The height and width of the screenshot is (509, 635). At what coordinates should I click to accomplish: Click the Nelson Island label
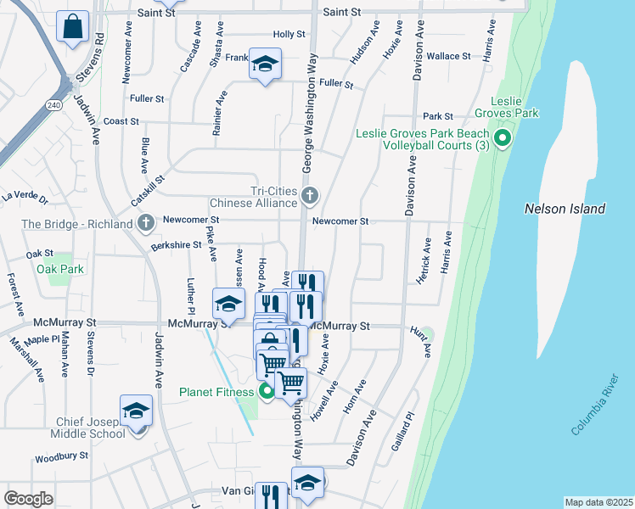(x=565, y=209)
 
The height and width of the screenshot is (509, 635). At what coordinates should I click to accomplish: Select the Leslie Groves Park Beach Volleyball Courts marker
(x=502, y=138)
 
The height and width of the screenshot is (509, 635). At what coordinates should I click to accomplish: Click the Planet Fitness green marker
(x=266, y=391)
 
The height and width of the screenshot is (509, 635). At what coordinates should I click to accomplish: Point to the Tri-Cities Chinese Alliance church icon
(x=310, y=198)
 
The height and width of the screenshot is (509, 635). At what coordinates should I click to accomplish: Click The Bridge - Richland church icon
(x=146, y=224)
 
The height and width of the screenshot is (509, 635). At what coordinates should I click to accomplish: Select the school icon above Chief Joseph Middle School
(x=136, y=411)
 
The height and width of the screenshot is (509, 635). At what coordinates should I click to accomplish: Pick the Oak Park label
(x=60, y=269)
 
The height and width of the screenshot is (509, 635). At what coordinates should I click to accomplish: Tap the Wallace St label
(x=448, y=56)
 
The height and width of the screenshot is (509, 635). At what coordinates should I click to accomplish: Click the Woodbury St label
(x=61, y=457)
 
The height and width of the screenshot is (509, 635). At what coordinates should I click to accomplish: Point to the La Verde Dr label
(x=25, y=197)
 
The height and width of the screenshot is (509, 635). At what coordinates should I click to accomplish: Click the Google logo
(x=29, y=499)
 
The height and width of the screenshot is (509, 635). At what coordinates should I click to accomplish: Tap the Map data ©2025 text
(x=598, y=502)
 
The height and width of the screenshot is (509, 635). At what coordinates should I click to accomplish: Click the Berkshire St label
(x=176, y=244)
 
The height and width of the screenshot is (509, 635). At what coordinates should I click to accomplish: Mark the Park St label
(x=438, y=116)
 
